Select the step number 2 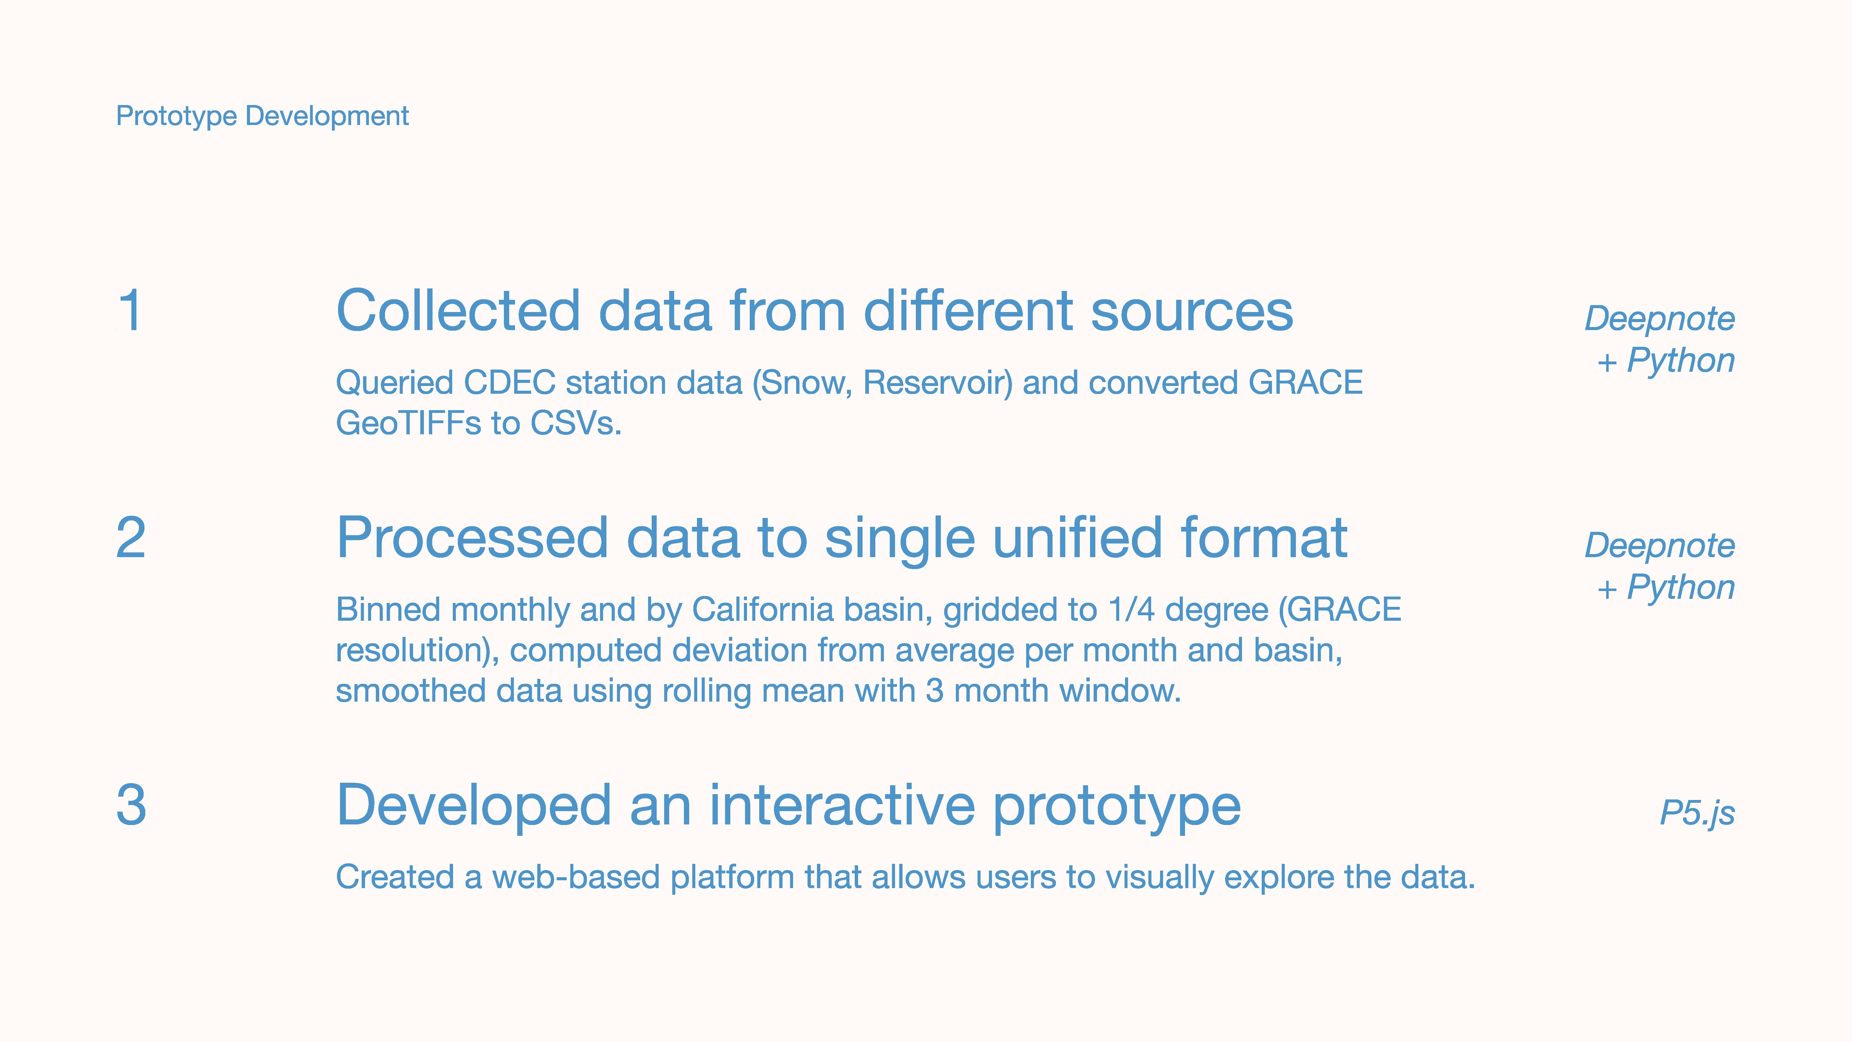[131, 538]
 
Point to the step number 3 [131, 806]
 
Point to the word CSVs [575, 423]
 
